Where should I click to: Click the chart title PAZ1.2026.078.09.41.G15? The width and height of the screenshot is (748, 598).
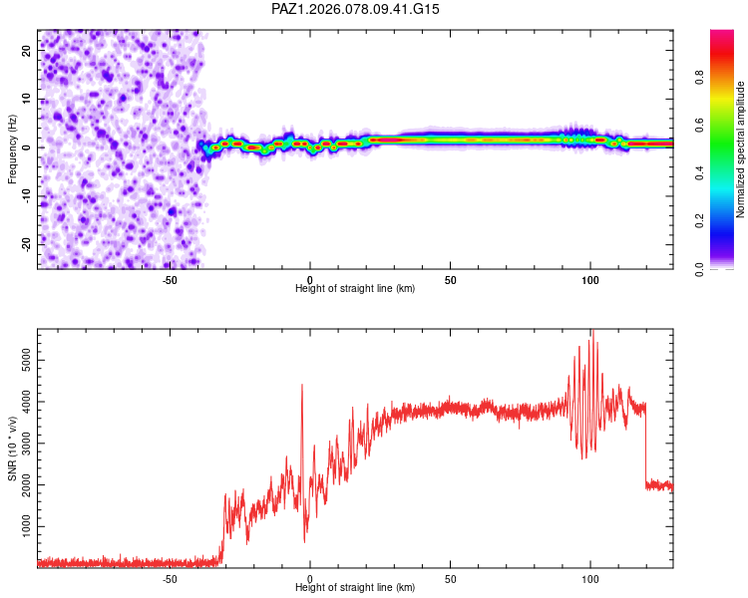click(356, 9)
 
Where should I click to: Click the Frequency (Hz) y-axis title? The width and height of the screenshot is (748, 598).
click(13, 149)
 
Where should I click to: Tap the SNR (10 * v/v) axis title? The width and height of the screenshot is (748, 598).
click(13, 448)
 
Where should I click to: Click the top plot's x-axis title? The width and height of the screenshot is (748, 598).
click(355, 288)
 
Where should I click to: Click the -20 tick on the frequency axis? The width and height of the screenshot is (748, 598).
click(26, 244)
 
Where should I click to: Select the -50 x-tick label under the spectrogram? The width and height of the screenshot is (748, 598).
click(169, 279)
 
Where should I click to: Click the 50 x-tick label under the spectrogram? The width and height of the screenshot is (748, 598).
click(450, 279)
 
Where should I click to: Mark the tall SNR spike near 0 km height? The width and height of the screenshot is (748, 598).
click(302, 386)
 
